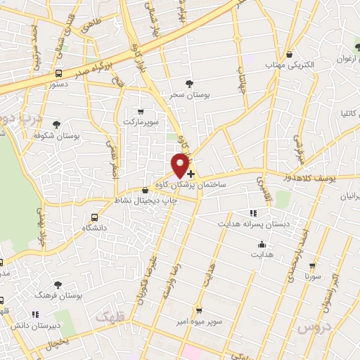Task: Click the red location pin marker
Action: click(x=181, y=165)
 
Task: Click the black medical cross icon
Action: click(x=191, y=173)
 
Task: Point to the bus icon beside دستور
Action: click(x=58, y=73)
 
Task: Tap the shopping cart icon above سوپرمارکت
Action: click(x=141, y=111)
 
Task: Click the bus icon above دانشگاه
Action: click(x=94, y=217)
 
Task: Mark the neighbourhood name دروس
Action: click(x=309, y=328)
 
